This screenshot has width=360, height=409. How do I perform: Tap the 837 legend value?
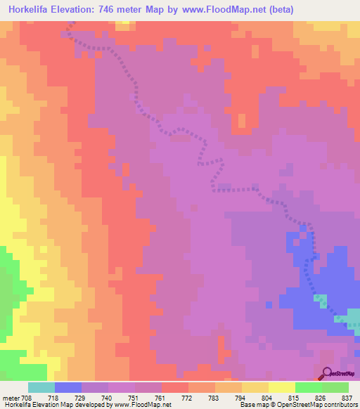coord(347,398)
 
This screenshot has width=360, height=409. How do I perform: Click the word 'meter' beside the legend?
coord(11,398)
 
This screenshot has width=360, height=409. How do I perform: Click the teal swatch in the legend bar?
coord(41,387)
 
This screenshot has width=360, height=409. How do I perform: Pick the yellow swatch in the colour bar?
coord(281,387)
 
